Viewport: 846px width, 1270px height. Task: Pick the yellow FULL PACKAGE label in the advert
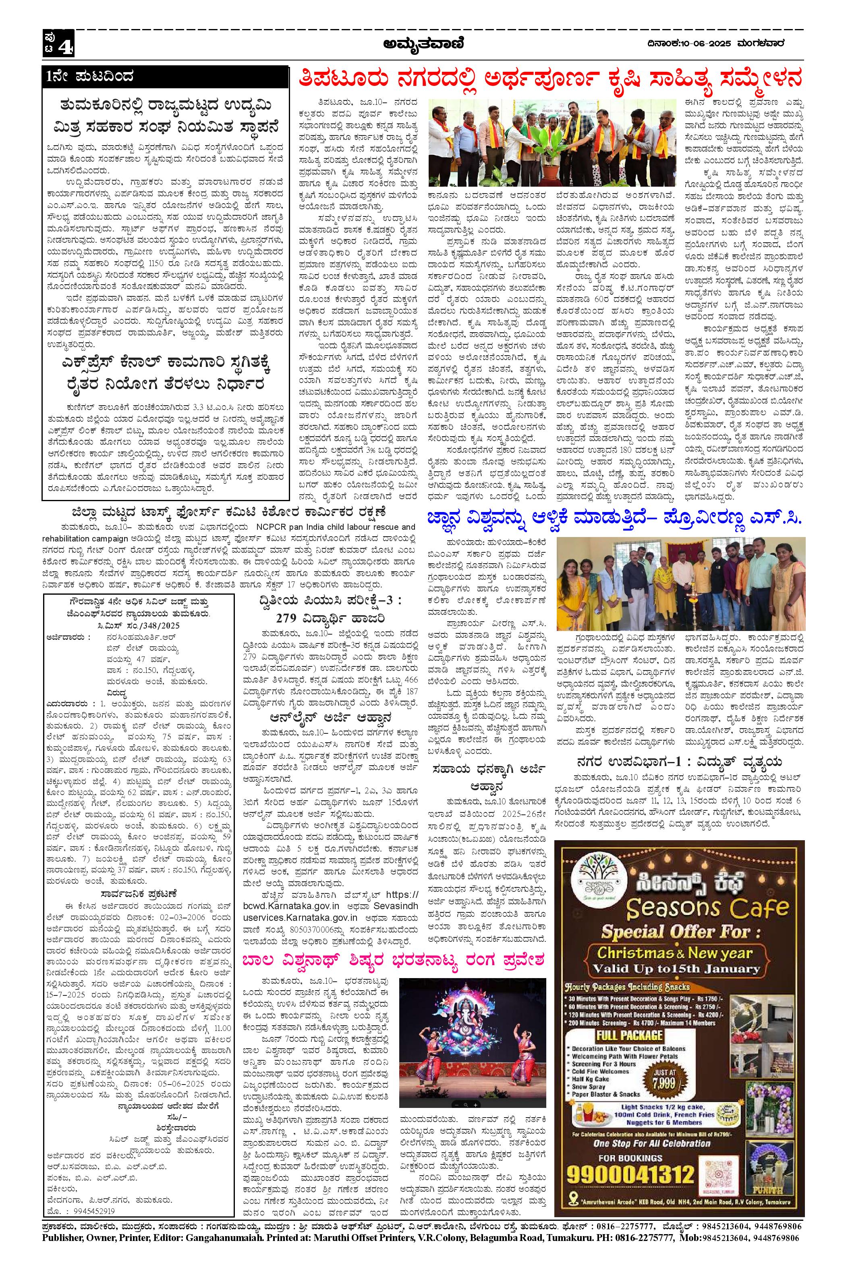pos(629,1035)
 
